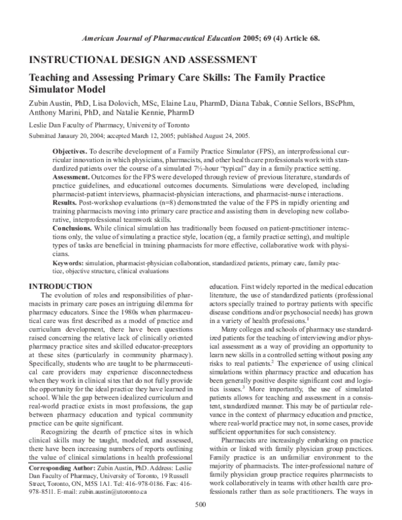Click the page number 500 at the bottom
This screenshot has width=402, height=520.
pos(199,505)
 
